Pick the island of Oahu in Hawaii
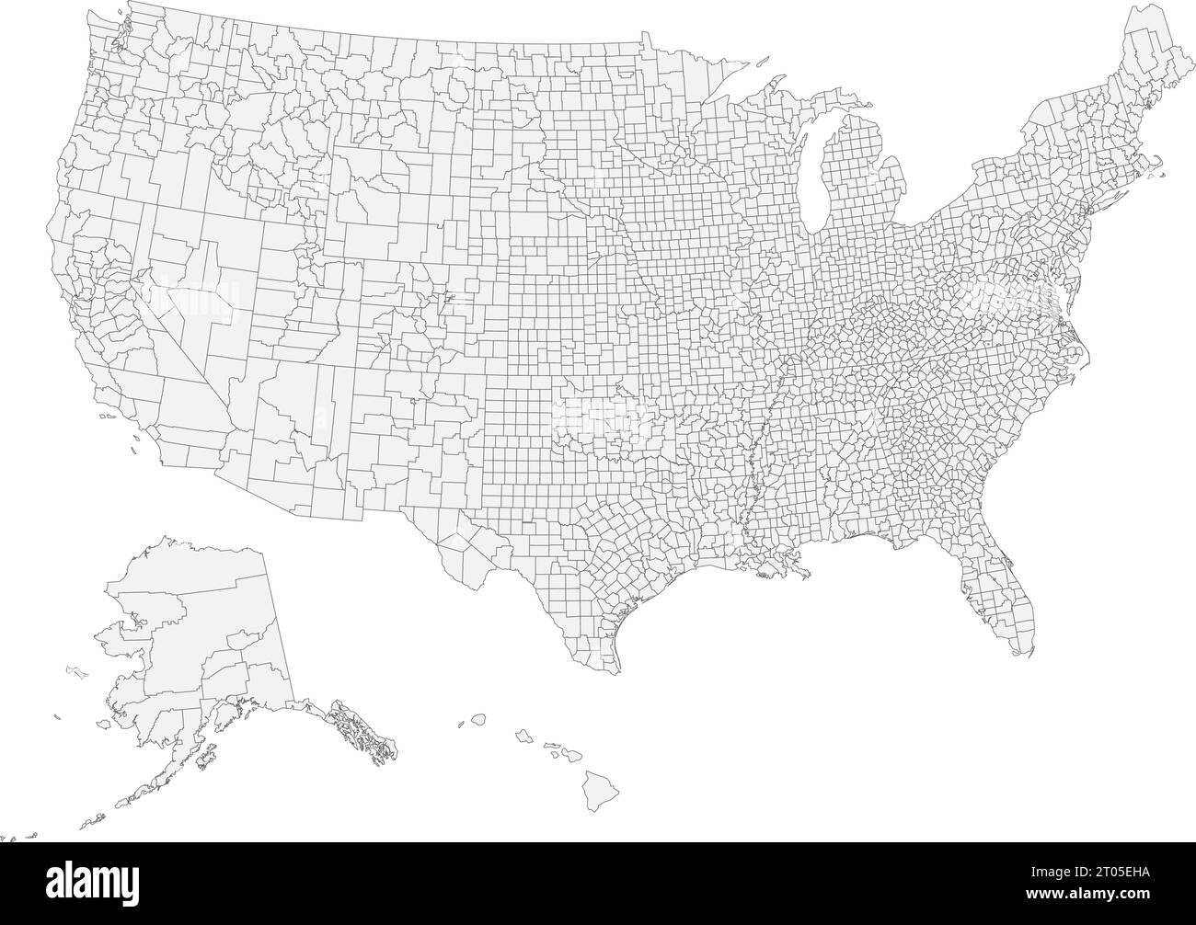tap(523, 736)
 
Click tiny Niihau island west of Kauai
tap(462, 725)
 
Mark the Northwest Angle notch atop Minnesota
tap(642, 37)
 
